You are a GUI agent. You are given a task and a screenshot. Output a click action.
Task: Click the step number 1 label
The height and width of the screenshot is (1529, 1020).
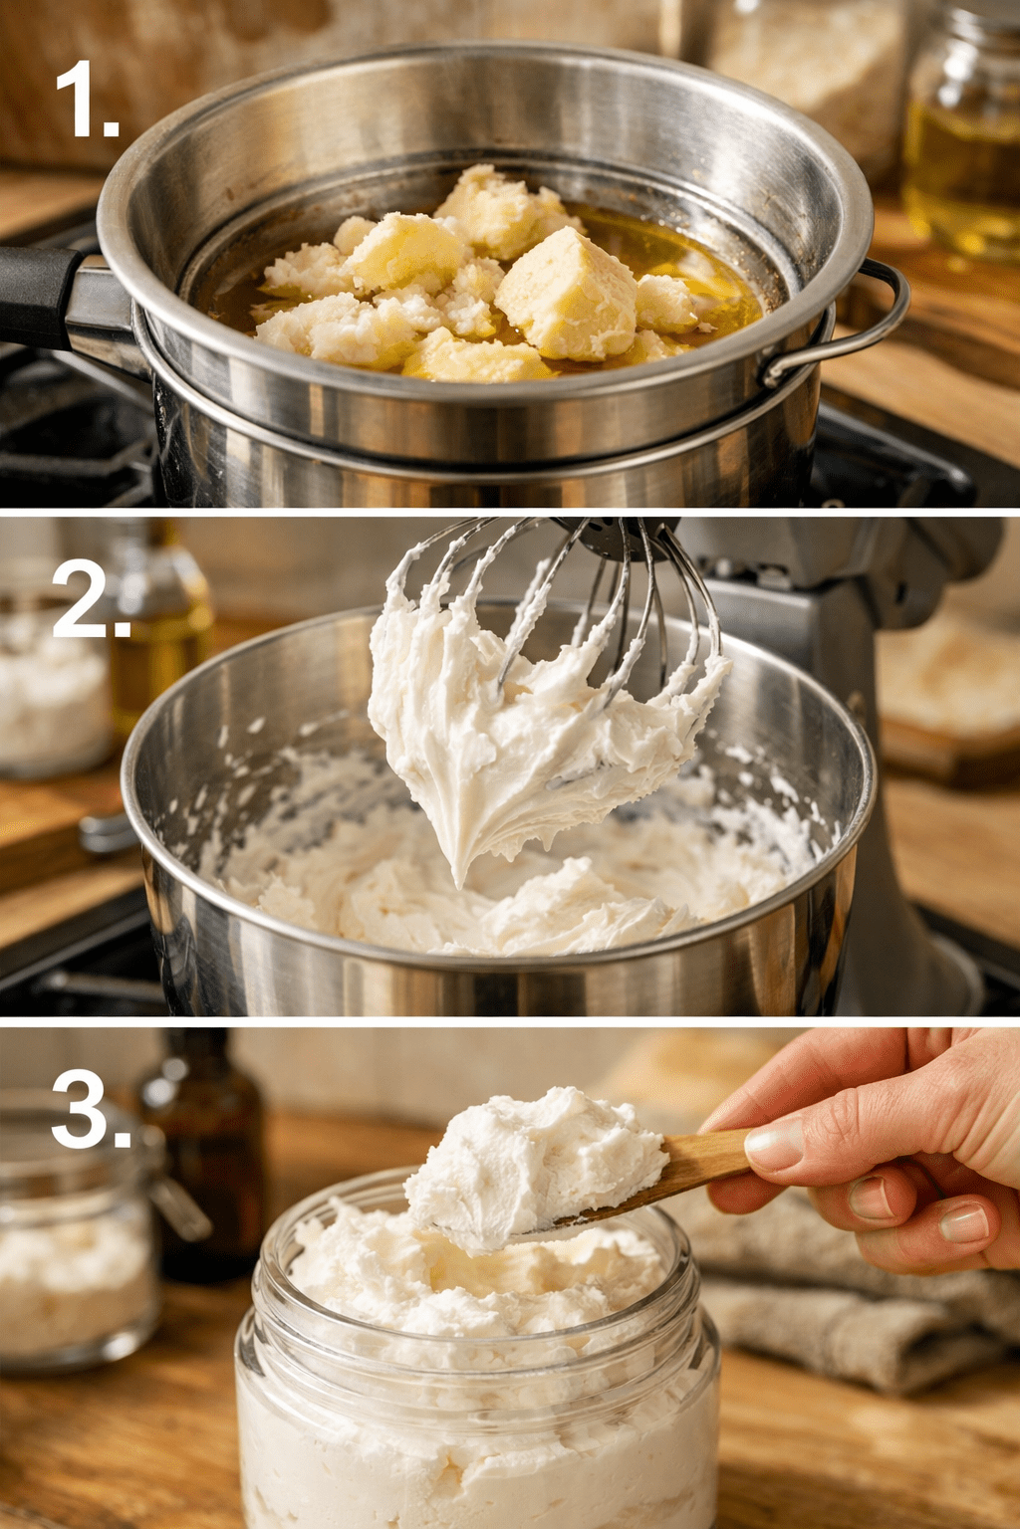tap(87, 99)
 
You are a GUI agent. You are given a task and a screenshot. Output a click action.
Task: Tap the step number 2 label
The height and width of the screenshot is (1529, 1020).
tap(91, 598)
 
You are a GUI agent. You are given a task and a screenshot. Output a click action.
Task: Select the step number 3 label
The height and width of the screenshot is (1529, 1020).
tap(91, 1109)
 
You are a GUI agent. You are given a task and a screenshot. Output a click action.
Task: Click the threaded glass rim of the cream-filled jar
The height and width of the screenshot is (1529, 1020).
tap(478, 1297)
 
